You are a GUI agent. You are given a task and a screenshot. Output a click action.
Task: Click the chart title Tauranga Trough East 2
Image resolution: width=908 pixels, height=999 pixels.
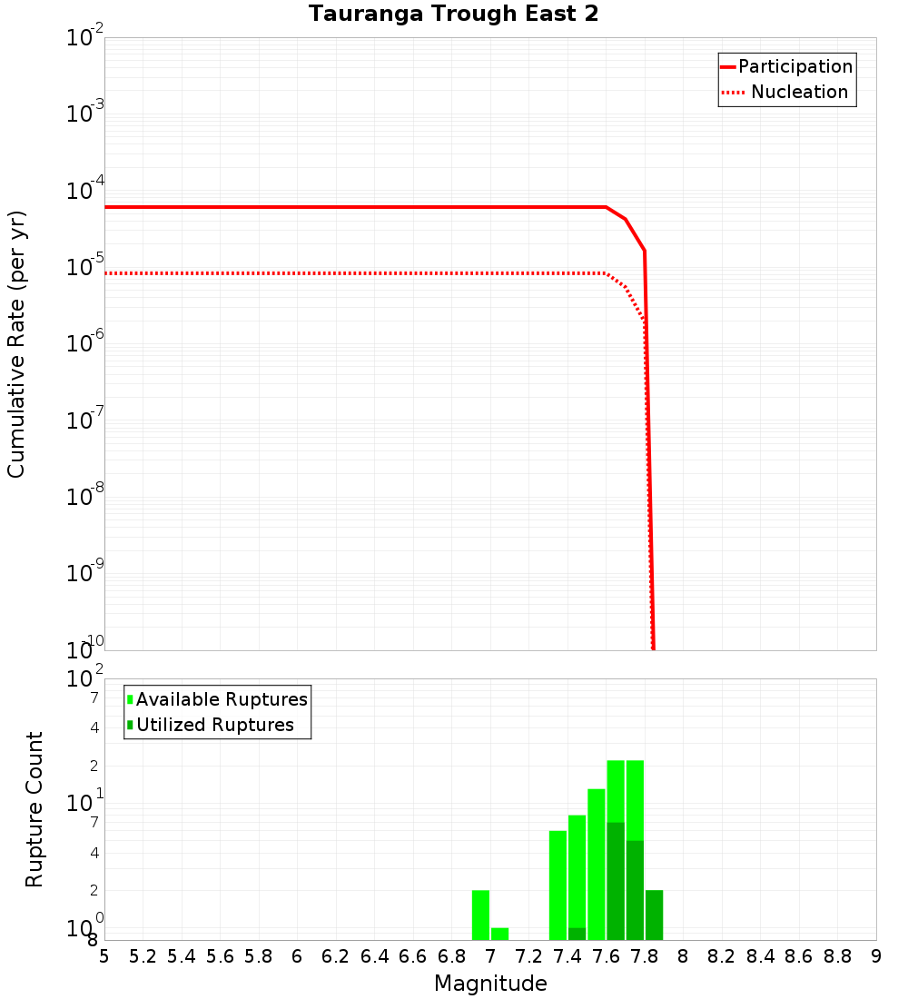[453, 15]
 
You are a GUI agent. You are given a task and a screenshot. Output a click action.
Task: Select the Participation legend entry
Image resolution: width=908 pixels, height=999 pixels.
[794, 66]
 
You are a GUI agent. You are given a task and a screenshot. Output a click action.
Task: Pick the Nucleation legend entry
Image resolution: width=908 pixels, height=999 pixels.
[799, 92]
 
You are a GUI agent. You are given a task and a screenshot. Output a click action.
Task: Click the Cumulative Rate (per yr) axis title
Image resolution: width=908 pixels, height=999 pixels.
[16, 343]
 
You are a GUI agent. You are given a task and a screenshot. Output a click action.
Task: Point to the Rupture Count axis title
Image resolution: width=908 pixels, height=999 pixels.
[35, 808]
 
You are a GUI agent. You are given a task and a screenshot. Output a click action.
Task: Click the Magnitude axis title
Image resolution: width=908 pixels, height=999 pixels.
[490, 984]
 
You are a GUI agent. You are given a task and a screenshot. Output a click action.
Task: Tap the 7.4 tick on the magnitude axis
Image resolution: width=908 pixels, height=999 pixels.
[567, 956]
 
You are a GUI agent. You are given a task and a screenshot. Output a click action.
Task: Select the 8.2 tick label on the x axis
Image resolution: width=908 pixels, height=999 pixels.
[722, 956]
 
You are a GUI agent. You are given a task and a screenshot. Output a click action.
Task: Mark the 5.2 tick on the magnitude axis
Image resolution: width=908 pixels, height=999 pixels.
[143, 956]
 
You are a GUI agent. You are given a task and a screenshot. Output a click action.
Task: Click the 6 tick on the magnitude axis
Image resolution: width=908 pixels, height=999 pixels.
[297, 956]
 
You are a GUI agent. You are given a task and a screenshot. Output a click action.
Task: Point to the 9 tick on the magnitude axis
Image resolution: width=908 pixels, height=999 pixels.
[875, 956]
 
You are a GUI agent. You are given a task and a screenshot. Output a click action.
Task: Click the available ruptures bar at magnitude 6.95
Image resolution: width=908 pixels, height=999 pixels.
[480, 915]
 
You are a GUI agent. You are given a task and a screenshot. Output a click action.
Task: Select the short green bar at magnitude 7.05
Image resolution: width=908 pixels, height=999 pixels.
[499, 934]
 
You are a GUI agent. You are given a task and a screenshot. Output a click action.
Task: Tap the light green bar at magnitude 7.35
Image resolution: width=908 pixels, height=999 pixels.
[558, 885]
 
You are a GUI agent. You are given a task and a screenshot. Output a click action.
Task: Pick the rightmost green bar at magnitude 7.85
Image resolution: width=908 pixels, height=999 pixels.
[654, 915]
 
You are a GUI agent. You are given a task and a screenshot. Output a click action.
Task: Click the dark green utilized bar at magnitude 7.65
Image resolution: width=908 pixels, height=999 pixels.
[616, 881]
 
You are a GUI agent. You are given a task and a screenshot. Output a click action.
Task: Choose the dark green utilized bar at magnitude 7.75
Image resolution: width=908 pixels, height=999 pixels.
[635, 890]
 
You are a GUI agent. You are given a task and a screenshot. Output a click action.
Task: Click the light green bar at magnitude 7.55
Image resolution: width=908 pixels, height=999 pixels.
[597, 863]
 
